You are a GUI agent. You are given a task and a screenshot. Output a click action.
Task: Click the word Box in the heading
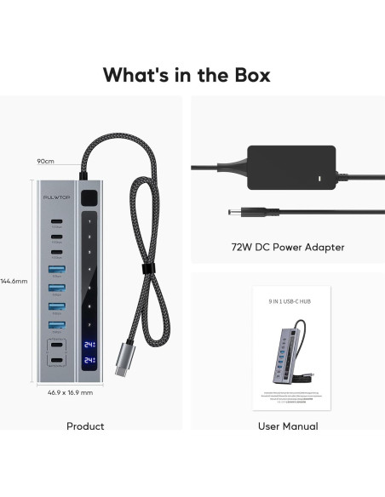click(x=241, y=74)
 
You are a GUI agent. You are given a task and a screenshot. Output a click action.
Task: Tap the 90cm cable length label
click(x=45, y=161)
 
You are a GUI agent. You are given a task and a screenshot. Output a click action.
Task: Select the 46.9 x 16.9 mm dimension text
click(x=70, y=392)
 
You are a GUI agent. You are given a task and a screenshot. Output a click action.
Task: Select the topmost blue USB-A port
click(x=58, y=271)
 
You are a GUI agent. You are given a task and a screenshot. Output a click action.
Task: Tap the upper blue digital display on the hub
click(x=89, y=346)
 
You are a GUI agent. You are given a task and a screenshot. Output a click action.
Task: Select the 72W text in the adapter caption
click(x=243, y=247)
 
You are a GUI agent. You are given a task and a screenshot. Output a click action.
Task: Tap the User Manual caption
click(x=288, y=426)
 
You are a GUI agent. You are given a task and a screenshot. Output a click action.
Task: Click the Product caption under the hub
click(x=85, y=426)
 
